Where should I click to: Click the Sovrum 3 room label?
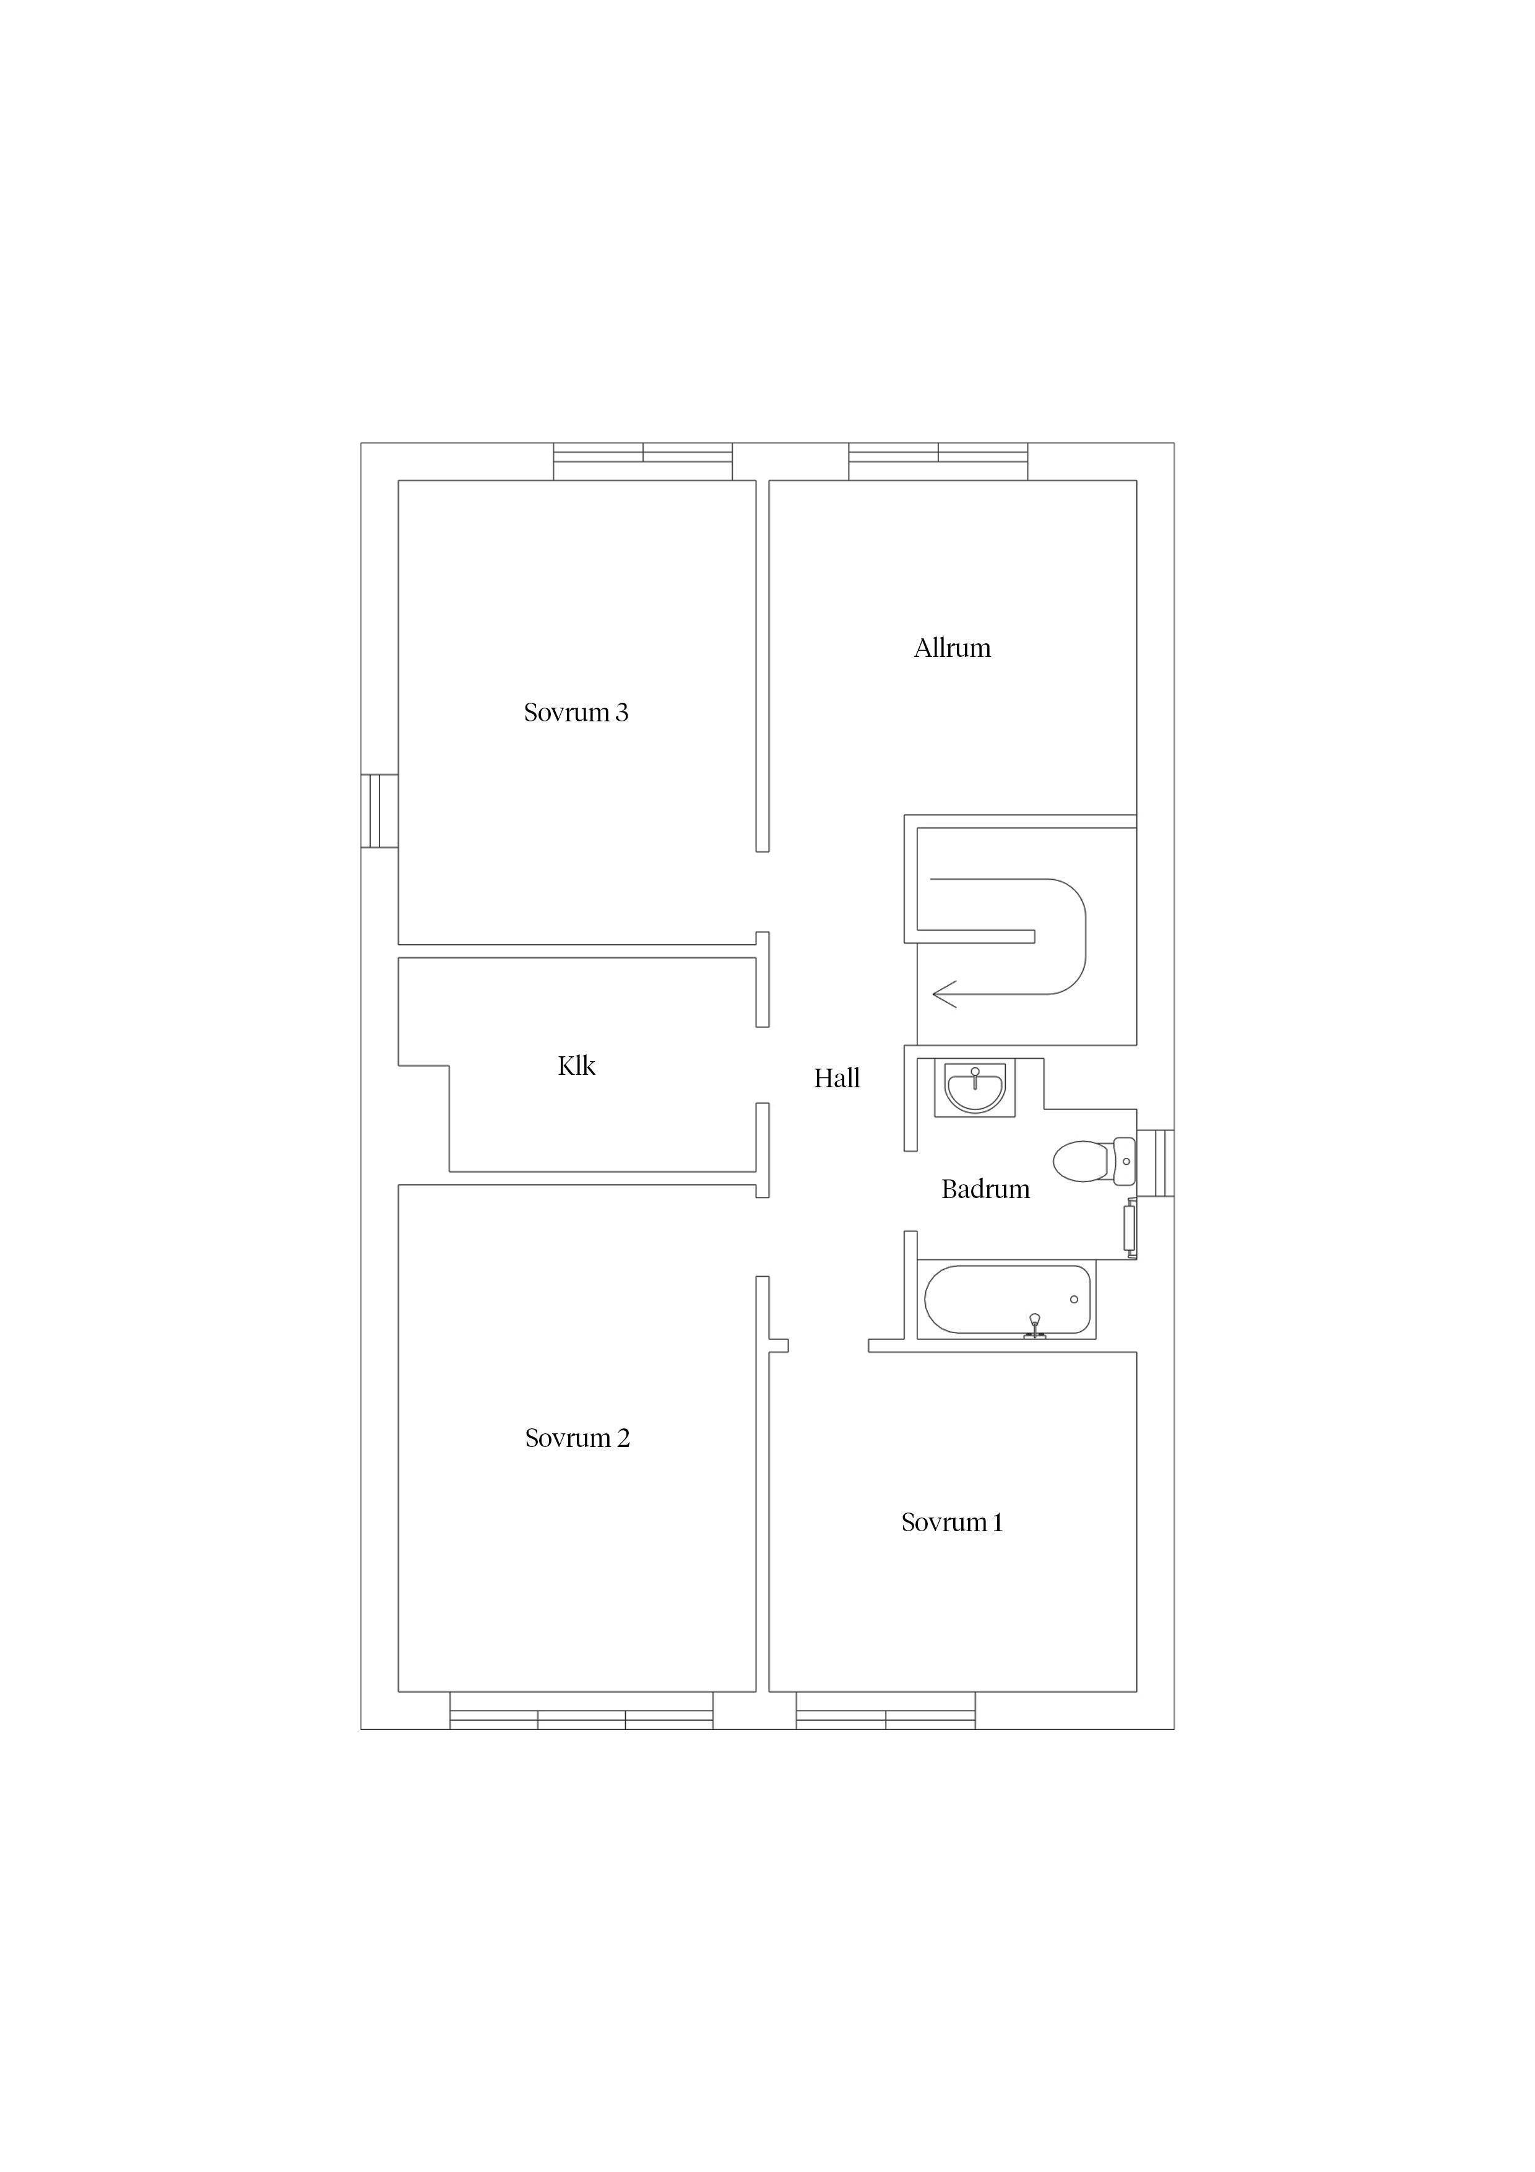pyautogui.click(x=576, y=712)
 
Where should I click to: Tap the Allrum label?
pyautogui.click(x=953, y=648)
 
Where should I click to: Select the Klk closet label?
pyautogui.click(x=577, y=1066)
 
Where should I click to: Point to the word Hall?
pyautogui.click(x=837, y=1079)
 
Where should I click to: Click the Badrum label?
pyautogui.click(x=985, y=1189)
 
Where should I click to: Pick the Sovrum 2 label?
pyautogui.click(x=577, y=1438)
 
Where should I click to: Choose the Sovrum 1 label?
pyautogui.click(x=951, y=1522)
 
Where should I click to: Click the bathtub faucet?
pyautogui.click(x=1035, y=1327)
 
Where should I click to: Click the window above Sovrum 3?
pyautogui.click(x=643, y=462)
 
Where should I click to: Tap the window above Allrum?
pyautogui.click(x=938, y=462)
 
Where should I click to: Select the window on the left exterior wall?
pyautogui.click(x=379, y=810)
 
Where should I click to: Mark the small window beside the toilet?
pyautogui.click(x=1156, y=1163)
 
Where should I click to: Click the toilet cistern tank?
pyautogui.click(x=1125, y=1162)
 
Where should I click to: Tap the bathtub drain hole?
pyautogui.click(x=1074, y=1300)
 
